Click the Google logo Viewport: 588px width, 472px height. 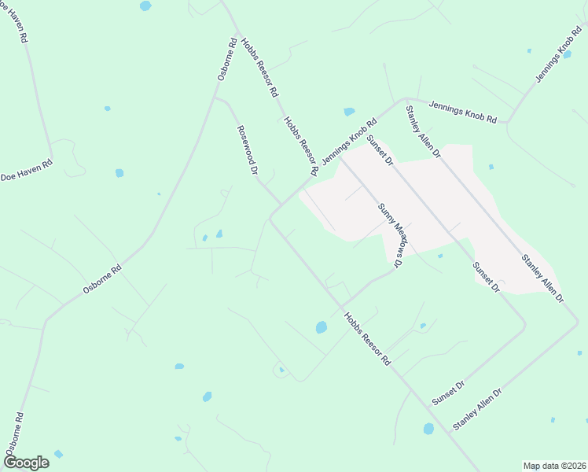point(26,463)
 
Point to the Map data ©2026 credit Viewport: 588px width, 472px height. point(553,466)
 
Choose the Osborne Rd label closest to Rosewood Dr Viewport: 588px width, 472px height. point(227,60)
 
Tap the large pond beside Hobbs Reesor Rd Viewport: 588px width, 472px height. point(321,326)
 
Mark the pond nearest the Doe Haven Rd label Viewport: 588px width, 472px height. point(119,173)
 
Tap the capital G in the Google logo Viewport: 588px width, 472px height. point(10,463)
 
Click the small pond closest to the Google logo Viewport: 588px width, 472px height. point(58,454)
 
